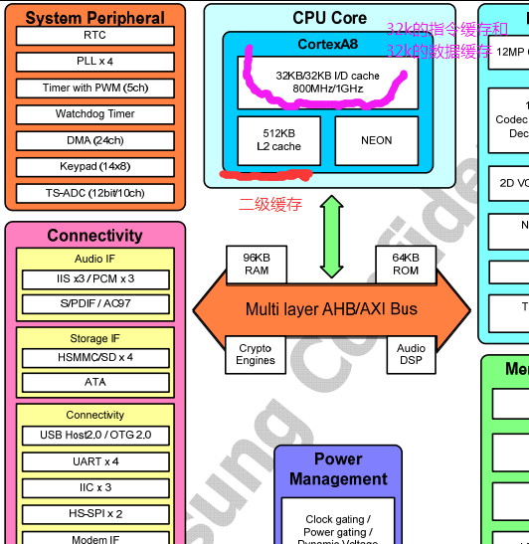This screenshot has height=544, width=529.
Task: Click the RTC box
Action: click(x=94, y=36)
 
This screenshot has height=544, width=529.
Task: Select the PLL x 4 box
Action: click(x=94, y=62)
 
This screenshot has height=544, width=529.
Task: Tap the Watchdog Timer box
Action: click(x=94, y=114)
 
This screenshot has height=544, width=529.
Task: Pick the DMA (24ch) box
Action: click(x=94, y=140)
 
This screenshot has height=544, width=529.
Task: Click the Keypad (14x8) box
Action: click(x=94, y=166)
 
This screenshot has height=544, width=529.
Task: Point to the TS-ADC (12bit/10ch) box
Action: click(x=94, y=193)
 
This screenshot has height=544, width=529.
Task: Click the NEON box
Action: click(x=376, y=140)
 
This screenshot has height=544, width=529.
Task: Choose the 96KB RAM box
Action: click(x=257, y=264)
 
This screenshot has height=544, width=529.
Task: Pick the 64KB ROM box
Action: click(x=406, y=264)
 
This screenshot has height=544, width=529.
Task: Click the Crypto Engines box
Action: click(x=256, y=354)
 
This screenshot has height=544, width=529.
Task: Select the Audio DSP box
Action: click(x=411, y=354)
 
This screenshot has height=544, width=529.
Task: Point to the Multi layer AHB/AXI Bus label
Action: click(x=331, y=309)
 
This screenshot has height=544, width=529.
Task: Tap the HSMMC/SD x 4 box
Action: click(x=94, y=357)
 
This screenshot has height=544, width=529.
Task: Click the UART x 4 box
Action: click(x=94, y=461)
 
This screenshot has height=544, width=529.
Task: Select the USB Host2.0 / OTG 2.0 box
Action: click(x=94, y=436)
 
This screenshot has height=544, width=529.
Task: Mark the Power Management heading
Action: click(x=338, y=468)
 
